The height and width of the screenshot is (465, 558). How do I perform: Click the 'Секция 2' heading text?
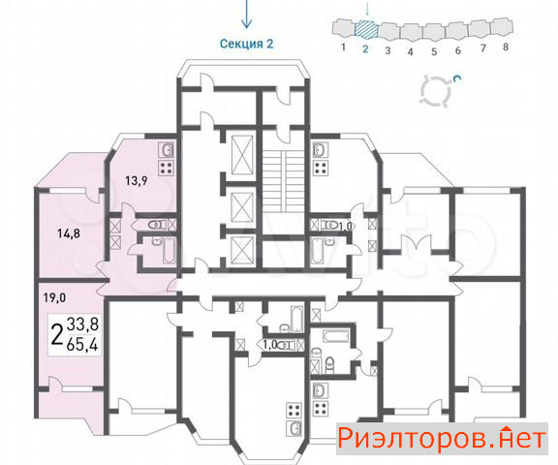pos(246,44)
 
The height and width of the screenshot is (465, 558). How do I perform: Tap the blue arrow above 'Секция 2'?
pos(247,15)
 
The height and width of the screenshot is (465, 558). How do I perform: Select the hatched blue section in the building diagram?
pos(365,29)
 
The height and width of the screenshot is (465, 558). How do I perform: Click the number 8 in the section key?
pos(506,46)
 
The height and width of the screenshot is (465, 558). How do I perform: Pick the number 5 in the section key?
pos(434,51)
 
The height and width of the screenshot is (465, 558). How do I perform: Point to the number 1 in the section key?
pos(343,46)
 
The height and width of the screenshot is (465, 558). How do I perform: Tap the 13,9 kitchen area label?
pos(136,181)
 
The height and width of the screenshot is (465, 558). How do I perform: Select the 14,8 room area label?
pos(69,233)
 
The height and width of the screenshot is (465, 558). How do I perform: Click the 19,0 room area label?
pos(54,297)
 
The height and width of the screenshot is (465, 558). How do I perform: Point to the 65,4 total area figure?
pos(82,345)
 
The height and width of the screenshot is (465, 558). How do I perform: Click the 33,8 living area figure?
pos(83,325)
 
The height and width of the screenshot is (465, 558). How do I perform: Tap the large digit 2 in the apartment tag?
pos(57,335)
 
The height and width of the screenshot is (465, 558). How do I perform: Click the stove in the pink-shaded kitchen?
pos(167,168)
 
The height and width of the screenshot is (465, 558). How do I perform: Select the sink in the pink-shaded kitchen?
pos(167,150)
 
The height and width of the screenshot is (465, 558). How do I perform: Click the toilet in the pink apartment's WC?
pos(156,225)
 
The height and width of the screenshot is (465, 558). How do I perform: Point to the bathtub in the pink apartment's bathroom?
pos(169,251)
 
